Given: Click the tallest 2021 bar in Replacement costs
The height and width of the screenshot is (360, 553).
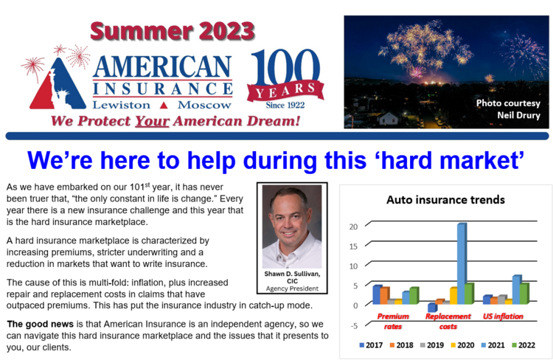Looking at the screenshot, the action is pos(462,263).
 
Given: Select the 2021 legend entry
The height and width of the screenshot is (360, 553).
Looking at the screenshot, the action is pos(493,345).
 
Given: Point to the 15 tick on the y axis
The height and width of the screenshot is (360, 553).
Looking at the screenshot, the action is pos(353,246).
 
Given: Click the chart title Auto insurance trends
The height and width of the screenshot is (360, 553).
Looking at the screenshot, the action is pos(445,200).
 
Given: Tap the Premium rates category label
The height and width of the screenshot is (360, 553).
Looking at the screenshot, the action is pos(393,321).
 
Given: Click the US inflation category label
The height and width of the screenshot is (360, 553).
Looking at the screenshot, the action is pos(503,316).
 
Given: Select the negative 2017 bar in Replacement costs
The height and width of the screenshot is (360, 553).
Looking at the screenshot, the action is pos(432,308).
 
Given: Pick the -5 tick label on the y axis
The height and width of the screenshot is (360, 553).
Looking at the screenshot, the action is pos(354,325).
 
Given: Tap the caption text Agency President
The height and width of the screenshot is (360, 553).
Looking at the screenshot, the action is pos(292,288).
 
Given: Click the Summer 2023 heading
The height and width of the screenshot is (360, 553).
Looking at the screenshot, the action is pos(173,31).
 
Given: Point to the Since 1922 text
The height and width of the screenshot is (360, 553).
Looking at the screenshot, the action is pos(285,105).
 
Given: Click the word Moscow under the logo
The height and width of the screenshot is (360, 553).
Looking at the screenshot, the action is pos(204,105).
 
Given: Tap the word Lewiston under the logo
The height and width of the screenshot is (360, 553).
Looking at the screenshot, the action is pos(122,105).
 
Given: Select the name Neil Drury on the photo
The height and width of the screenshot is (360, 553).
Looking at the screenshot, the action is pos(518,115).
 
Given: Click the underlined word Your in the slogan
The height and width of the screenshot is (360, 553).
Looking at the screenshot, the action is pos(153,121).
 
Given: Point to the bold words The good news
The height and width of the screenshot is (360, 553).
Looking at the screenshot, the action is pos(41,324).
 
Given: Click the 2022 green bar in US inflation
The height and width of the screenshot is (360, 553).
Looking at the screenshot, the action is pos(524,294).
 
